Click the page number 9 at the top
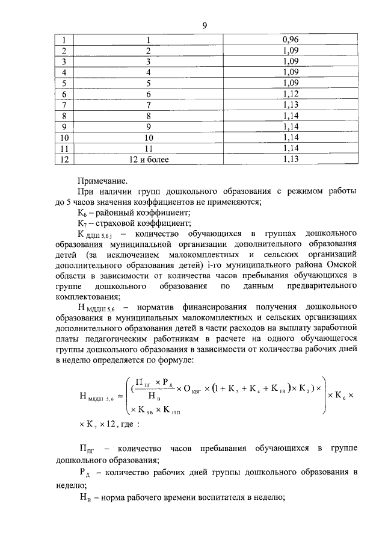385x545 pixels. (205, 25)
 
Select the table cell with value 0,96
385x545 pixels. (291, 41)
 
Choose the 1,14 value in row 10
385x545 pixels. (291, 138)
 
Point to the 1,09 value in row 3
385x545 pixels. (291, 62)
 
